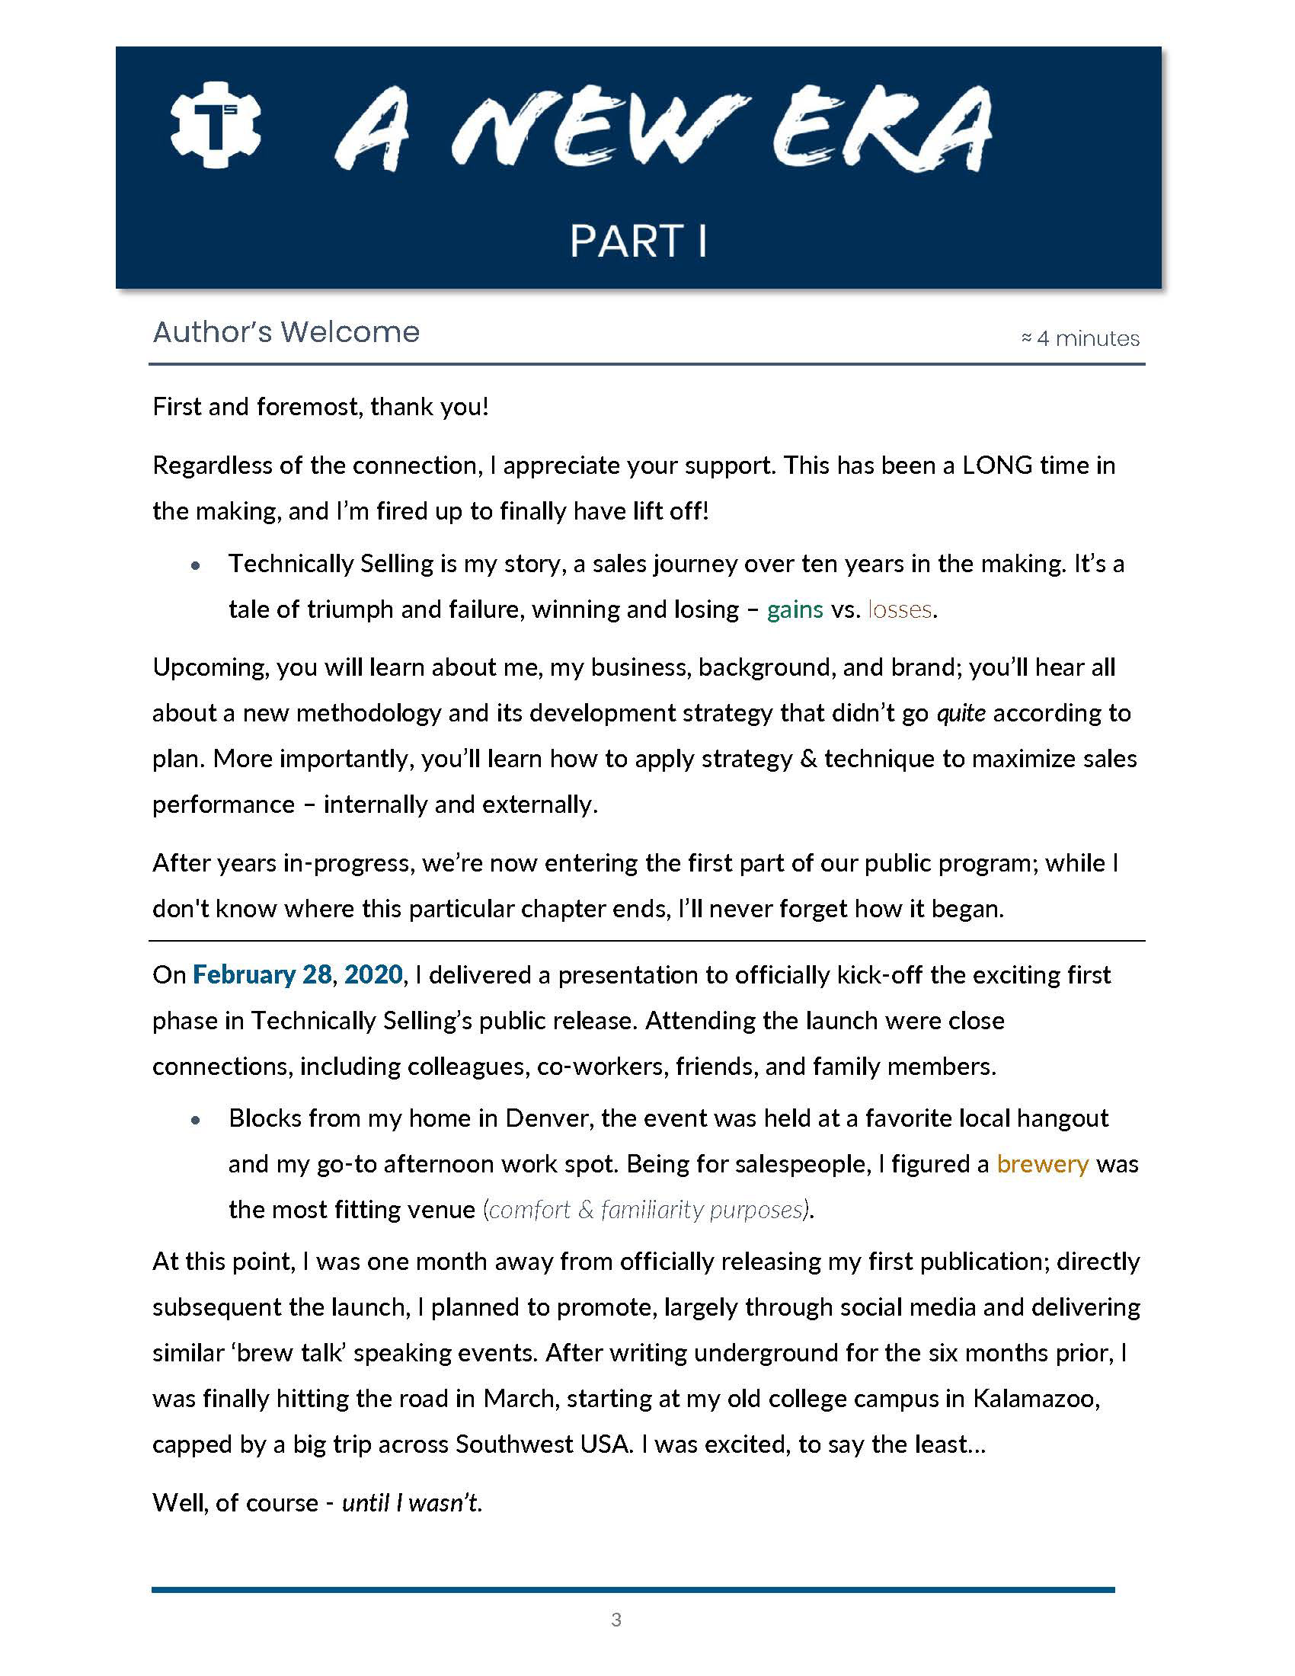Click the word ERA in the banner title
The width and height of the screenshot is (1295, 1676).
(882, 130)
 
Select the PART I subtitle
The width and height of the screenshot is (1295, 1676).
(638, 241)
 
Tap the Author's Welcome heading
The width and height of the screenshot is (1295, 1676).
(286, 332)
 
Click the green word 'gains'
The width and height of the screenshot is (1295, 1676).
(795, 609)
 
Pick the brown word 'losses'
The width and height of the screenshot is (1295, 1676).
(900, 609)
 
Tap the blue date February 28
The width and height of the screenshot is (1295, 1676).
(261, 974)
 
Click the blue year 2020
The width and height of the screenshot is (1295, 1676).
(373, 974)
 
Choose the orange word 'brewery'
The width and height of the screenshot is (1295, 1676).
(1043, 1164)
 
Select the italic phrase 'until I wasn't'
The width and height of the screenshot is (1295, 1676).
(412, 1502)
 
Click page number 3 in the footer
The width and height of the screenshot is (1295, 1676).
(616, 1620)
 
